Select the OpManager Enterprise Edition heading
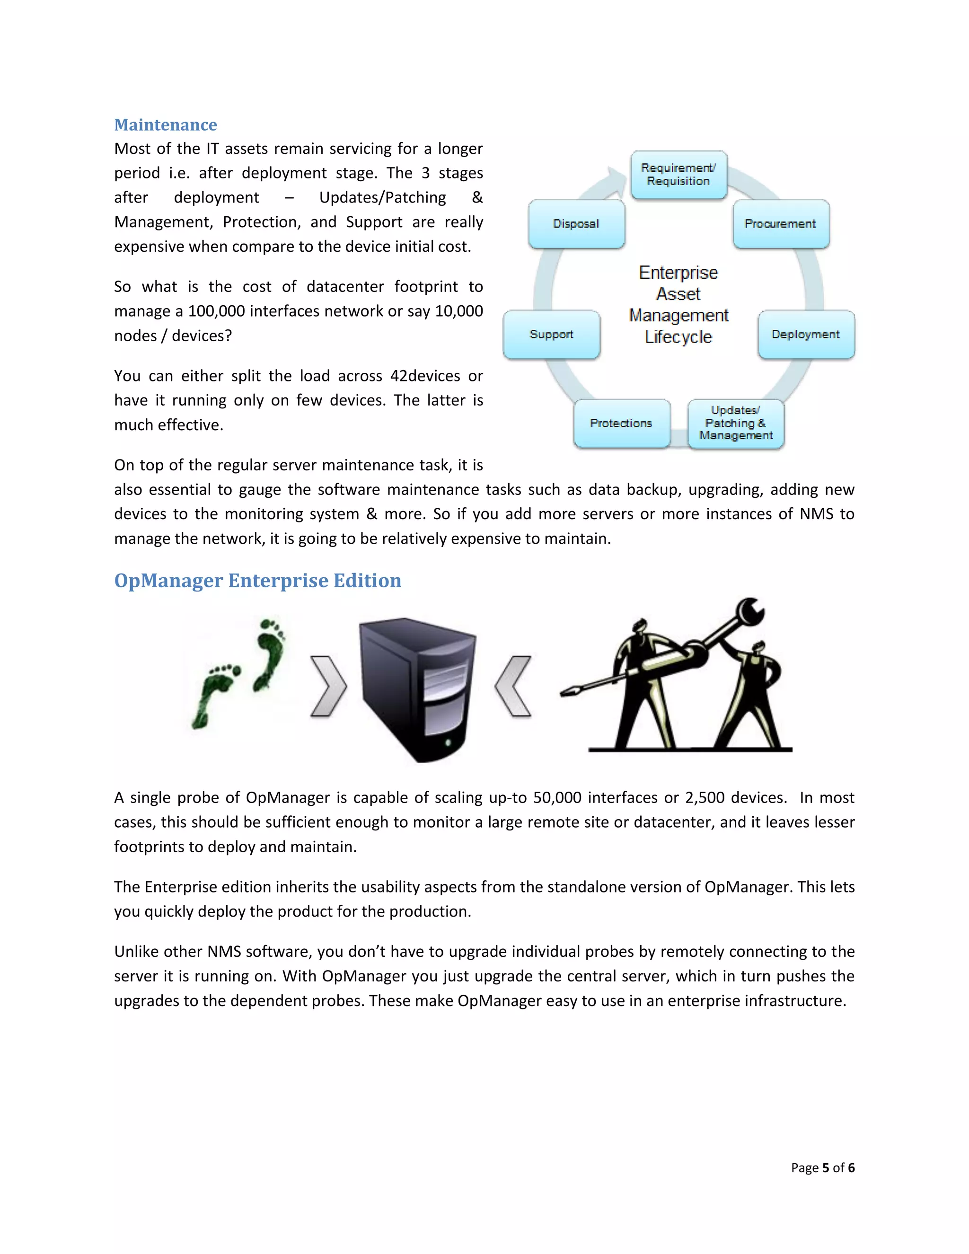click(257, 581)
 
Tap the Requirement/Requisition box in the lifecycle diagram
click(678, 175)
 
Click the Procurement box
click(780, 224)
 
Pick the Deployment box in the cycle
click(805, 334)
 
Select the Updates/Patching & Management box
click(735, 423)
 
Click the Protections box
click(621, 423)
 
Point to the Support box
click(551, 334)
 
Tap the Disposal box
click(576, 224)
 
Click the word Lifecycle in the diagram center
click(678, 337)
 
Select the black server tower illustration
click(417, 689)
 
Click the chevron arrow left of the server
click(328, 686)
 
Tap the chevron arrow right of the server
click(513, 686)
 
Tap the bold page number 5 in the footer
click(826, 1167)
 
